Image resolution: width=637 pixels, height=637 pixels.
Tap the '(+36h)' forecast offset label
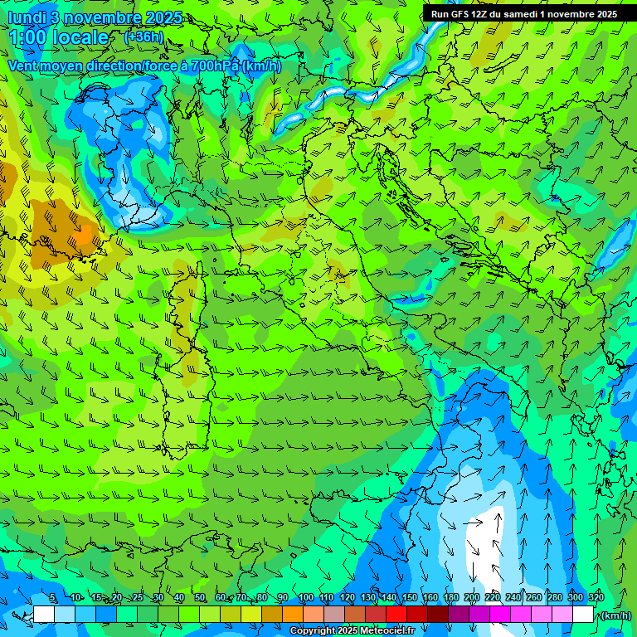tap(143, 37)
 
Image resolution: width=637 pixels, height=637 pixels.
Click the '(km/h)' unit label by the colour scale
tap(615, 615)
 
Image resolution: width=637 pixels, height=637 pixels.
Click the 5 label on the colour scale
tap(53, 598)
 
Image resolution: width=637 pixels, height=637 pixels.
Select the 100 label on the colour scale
tap(305, 598)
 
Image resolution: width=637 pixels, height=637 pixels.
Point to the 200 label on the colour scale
tap(471, 598)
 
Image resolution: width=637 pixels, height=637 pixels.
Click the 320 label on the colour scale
tap(596, 598)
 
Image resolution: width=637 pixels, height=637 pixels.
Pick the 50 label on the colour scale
tap(199, 598)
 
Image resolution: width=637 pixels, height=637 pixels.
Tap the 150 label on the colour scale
tap(409, 598)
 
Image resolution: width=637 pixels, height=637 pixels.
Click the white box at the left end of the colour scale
tap(44, 615)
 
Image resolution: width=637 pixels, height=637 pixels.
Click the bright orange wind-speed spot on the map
tap(85, 235)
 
